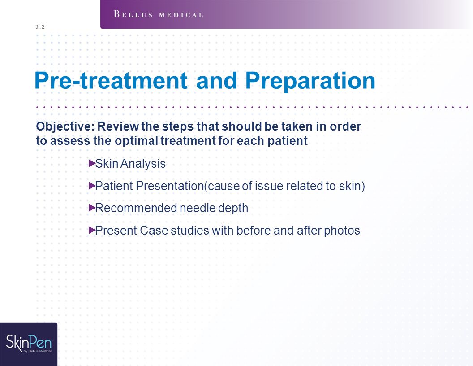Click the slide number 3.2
40,27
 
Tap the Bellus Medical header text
159,14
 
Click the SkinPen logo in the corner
29,344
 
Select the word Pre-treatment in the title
111,81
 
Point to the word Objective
65,126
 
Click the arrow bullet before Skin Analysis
92,164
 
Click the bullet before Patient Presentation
92,186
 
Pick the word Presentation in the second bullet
170,186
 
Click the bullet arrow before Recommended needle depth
92,208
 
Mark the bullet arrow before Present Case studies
92,231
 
